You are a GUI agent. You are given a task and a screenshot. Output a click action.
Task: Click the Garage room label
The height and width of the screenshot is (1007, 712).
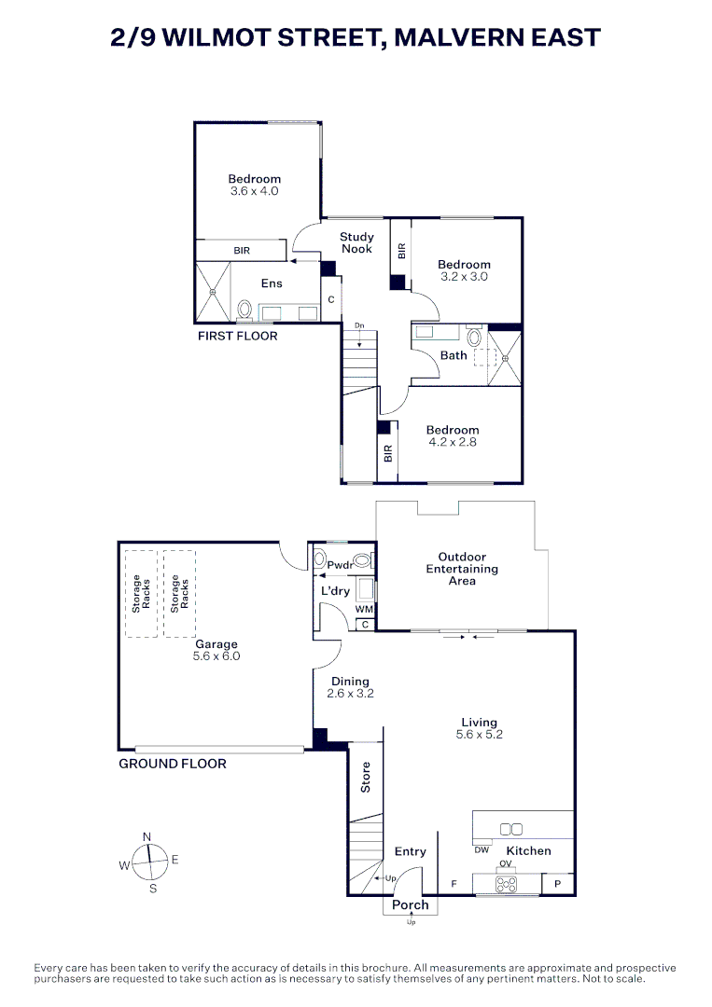[216, 643]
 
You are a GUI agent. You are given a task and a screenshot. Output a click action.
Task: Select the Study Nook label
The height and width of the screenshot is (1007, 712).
[356, 242]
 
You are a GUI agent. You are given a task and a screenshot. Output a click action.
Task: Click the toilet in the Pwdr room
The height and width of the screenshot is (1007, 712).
[319, 563]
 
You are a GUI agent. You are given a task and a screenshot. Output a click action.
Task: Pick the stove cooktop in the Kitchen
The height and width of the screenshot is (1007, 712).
[506, 884]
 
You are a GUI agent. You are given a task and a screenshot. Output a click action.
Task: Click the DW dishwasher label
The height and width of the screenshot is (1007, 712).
[482, 849]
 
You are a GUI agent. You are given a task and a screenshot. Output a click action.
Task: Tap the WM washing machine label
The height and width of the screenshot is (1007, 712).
[364, 609]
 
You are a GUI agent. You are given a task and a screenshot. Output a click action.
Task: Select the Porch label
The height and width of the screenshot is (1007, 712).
[410, 904]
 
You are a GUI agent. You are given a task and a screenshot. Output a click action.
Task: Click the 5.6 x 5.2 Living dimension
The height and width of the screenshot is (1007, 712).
[479, 735]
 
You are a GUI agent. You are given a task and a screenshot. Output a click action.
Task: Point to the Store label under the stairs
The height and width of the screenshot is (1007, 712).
[366, 778]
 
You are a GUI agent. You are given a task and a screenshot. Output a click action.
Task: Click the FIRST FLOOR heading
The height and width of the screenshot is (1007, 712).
[237, 336]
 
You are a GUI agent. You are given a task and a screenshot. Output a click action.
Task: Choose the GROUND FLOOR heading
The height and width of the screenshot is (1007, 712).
[173, 763]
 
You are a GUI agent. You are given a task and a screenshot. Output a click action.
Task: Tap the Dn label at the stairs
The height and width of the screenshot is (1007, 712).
[359, 325]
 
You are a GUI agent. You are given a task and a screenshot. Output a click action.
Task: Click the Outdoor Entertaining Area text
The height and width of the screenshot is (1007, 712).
[462, 569]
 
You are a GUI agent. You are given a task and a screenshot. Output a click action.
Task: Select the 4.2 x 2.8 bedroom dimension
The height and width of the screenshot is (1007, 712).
[452, 442]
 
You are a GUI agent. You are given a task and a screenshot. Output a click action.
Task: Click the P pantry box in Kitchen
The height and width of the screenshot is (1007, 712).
[557, 883]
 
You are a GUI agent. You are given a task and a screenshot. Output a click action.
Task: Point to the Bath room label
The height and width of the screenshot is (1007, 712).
[454, 355]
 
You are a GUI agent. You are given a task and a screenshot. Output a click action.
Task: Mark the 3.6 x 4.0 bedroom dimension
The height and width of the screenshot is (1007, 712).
[255, 191]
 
